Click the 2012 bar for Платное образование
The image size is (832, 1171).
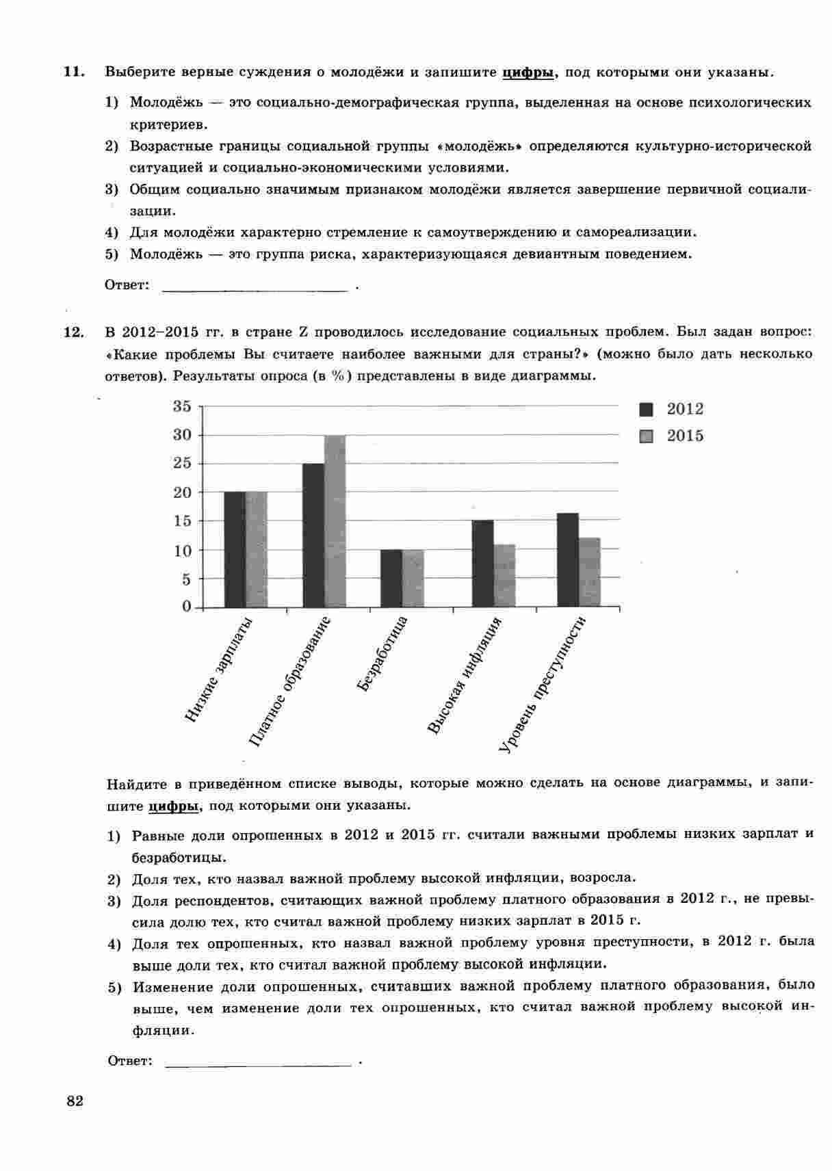point(313,535)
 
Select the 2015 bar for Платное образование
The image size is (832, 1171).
point(335,521)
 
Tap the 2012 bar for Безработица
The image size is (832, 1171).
point(391,578)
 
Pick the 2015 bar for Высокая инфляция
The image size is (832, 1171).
point(504,575)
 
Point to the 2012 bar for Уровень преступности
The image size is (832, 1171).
point(568,560)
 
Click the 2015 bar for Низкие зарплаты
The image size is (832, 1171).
point(257,549)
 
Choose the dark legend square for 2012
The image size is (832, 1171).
point(647,410)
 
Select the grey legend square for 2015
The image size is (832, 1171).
point(647,436)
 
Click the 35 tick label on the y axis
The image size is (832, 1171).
point(182,406)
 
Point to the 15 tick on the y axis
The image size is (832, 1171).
point(182,521)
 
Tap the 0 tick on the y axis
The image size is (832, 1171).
point(187,607)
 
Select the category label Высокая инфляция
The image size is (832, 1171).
point(465,675)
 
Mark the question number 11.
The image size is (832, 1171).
point(73,72)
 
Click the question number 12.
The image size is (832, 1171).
point(73,332)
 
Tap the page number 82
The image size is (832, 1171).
point(75,1101)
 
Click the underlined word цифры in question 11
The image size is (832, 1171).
point(528,73)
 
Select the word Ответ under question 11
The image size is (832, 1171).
point(127,285)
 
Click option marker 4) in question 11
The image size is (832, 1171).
point(112,233)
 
